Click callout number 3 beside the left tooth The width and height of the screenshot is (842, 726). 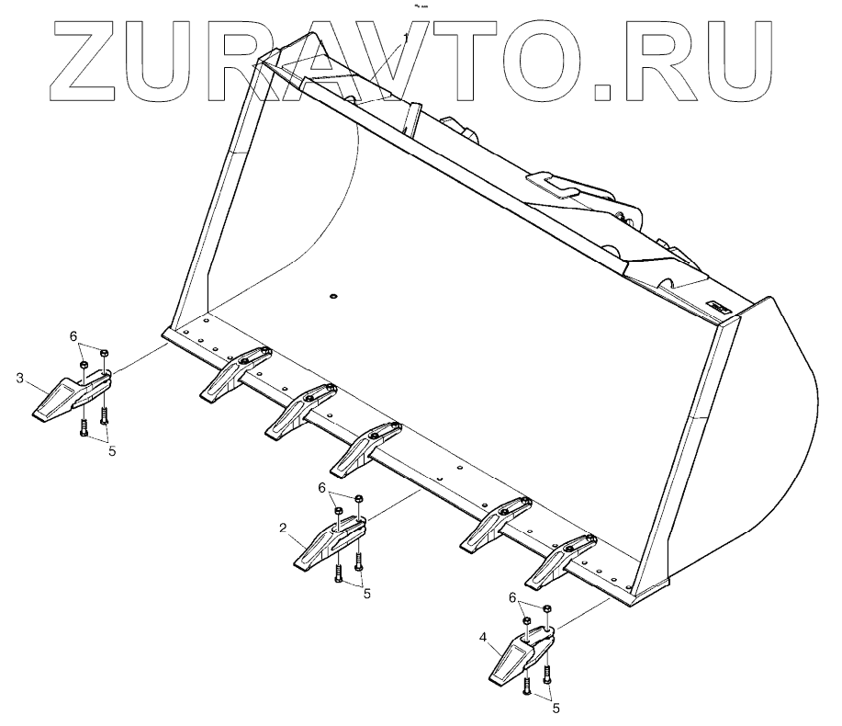click(x=19, y=378)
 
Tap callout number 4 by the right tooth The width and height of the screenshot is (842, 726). click(x=483, y=636)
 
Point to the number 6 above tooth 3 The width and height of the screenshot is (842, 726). click(x=73, y=337)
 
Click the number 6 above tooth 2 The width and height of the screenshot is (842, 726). click(x=322, y=487)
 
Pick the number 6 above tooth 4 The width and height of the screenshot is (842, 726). click(x=513, y=597)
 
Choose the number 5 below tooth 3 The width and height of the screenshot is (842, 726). click(x=112, y=450)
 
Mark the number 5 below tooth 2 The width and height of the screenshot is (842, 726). click(x=367, y=594)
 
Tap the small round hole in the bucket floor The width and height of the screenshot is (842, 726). click(x=333, y=296)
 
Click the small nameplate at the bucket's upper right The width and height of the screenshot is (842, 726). click(x=718, y=306)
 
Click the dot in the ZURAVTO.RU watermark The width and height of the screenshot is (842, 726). click(x=602, y=90)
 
